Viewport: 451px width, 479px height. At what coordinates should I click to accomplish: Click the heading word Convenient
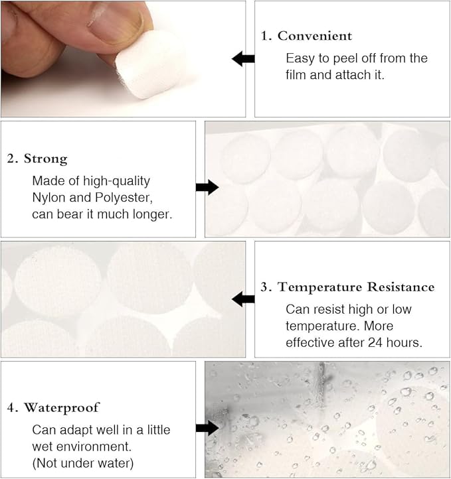(315, 36)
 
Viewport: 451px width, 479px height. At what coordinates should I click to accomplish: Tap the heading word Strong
(45, 159)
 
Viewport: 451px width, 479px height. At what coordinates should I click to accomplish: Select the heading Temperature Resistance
(356, 287)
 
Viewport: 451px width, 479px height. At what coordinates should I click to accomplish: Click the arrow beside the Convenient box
(243, 59)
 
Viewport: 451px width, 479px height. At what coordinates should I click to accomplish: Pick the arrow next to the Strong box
(207, 187)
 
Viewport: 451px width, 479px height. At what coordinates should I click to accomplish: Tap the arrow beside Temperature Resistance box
(243, 299)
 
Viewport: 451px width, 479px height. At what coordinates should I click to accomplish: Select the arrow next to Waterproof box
(207, 428)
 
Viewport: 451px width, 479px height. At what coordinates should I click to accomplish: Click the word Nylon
(49, 198)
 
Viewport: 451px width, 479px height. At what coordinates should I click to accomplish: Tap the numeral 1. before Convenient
(266, 36)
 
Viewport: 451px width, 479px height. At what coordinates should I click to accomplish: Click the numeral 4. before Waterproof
(13, 407)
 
